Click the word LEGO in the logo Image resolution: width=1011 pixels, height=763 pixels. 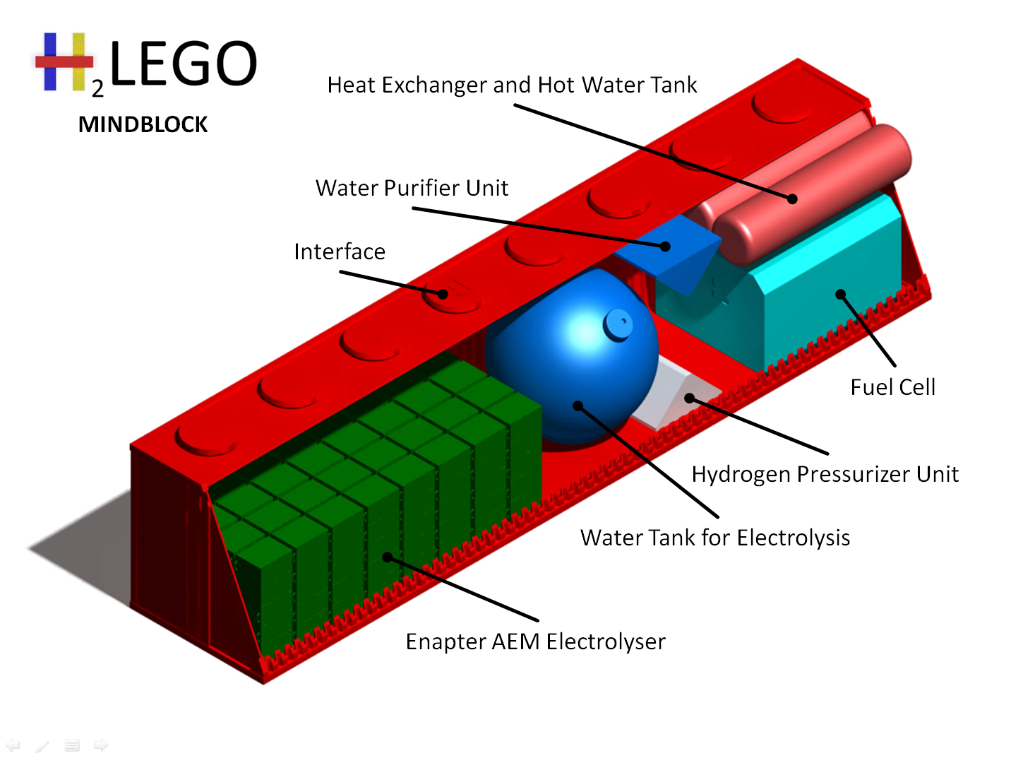tap(184, 64)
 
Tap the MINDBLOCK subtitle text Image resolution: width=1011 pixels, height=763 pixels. tap(143, 124)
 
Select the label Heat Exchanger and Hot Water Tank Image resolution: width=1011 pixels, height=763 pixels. tap(512, 85)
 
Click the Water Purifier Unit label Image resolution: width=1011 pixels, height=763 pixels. tap(412, 188)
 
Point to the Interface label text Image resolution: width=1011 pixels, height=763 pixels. tap(340, 252)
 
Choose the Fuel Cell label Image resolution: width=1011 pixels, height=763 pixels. tap(892, 387)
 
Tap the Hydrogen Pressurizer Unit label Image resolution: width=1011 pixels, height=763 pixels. tap(825, 474)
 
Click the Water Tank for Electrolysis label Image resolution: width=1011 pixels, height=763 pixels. tap(714, 538)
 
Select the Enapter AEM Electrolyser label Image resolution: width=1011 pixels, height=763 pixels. tap(535, 641)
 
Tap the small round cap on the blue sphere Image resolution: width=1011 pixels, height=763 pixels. tap(618, 324)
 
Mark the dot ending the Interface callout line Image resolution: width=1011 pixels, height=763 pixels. tap(443, 294)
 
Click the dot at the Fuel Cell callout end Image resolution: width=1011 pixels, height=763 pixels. tap(840, 294)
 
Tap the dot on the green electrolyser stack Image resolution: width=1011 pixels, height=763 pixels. tap(387, 557)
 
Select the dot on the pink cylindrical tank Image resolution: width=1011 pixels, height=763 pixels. tap(792, 199)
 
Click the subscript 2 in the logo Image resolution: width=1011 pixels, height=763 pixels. tap(97, 89)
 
